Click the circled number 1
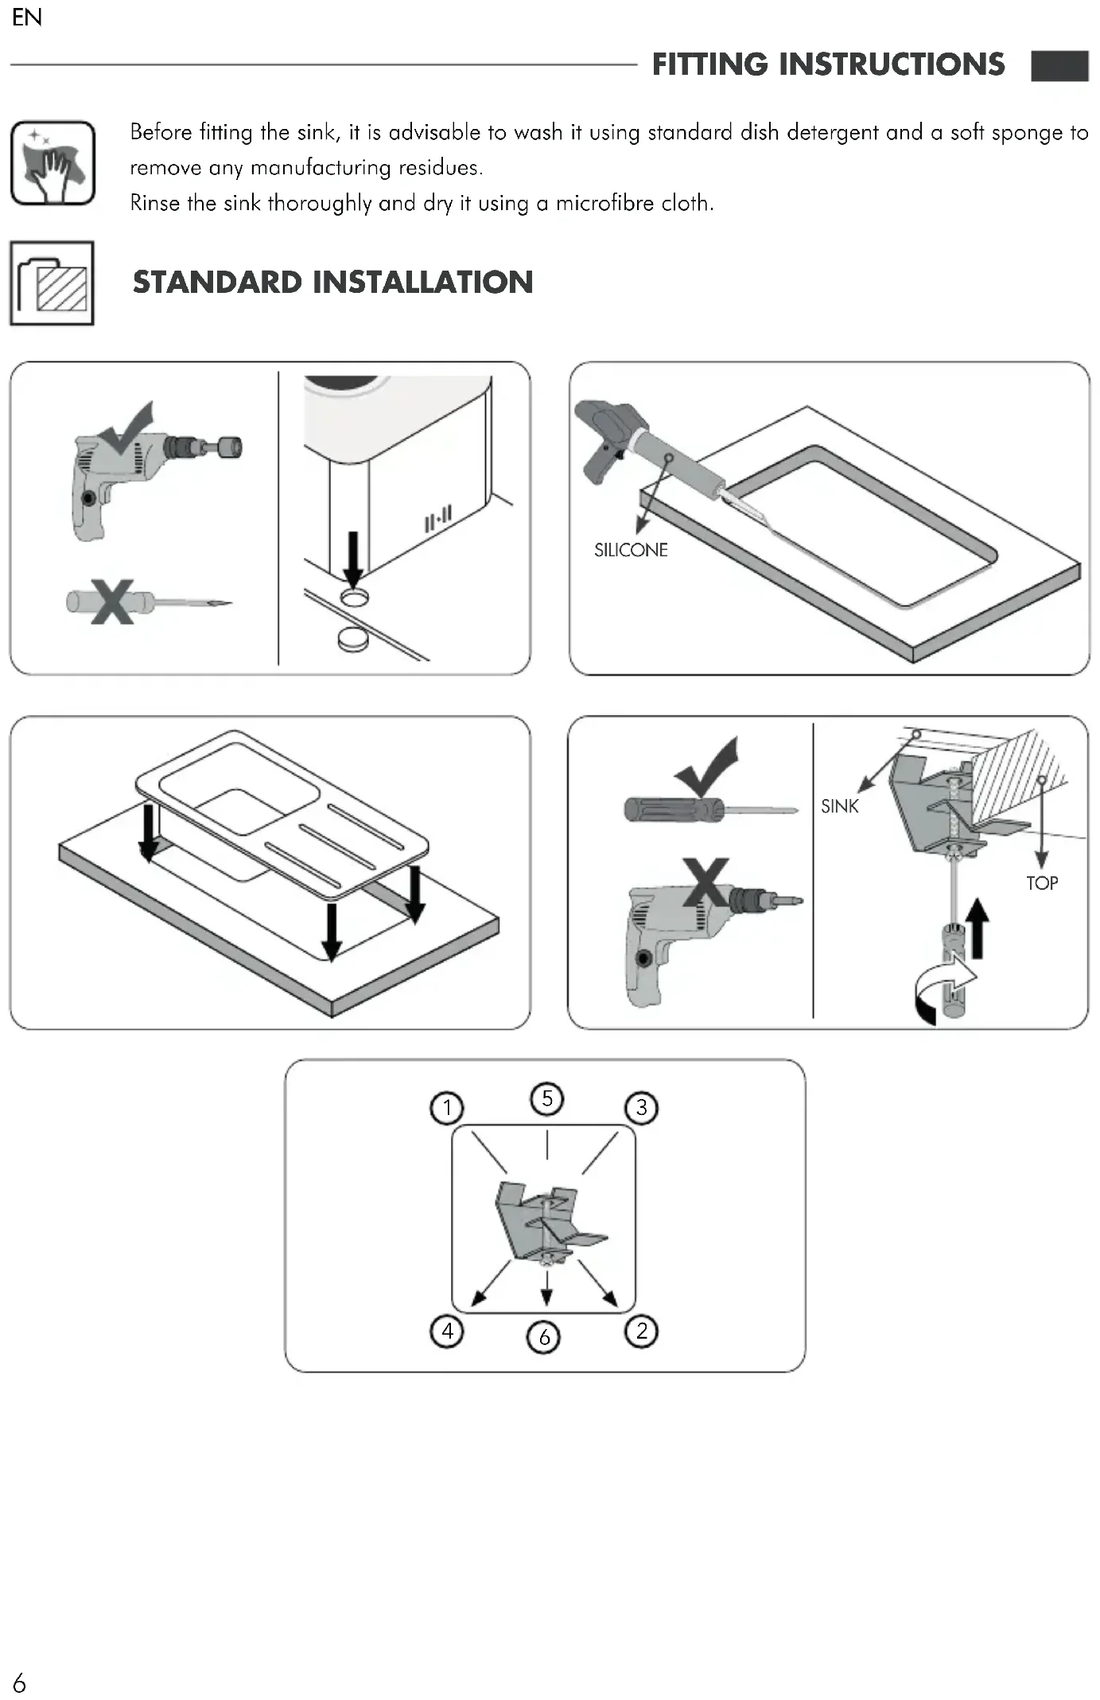point(447,1107)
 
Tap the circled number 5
point(546,1098)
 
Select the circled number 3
point(642,1107)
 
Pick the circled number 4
point(447,1330)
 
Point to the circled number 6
point(544,1336)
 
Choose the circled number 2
point(642,1330)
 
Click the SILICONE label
point(631,550)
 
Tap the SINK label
point(840,806)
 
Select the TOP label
point(1042,883)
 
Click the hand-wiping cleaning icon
point(52,163)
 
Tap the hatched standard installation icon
point(52,283)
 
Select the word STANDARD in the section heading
point(217,282)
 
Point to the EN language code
point(27,18)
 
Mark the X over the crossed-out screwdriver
point(111,602)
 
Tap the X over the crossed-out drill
point(705,882)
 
